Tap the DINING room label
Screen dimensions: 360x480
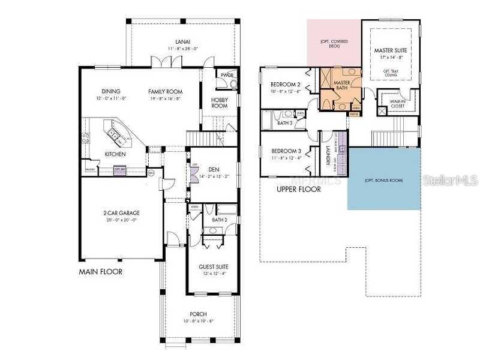click(x=111, y=91)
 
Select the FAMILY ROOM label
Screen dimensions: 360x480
click(x=166, y=91)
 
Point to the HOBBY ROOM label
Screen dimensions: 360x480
click(x=220, y=103)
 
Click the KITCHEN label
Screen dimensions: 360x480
click(x=115, y=154)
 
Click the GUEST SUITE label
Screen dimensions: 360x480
click(x=214, y=266)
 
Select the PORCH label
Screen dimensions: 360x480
click(x=197, y=314)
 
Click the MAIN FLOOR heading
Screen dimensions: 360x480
click(x=101, y=272)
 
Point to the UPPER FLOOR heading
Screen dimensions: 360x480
click(x=298, y=189)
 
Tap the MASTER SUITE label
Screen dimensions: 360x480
click(x=390, y=50)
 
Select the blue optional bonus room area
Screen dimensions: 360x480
click(x=384, y=179)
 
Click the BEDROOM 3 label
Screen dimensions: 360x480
click(x=285, y=151)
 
